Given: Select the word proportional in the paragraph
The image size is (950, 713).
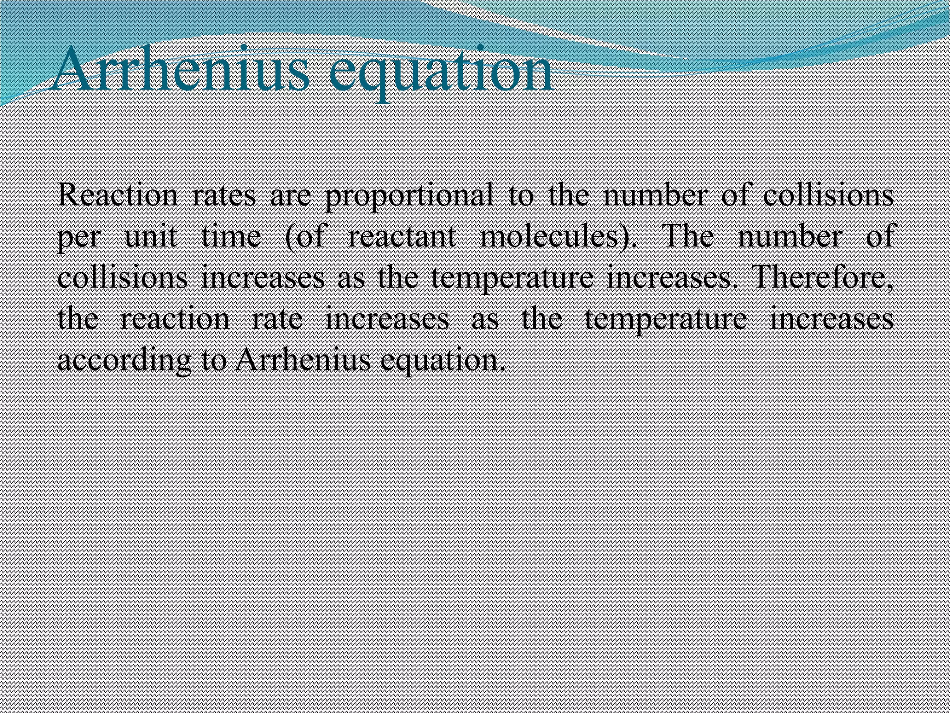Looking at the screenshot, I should [x=409, y=195].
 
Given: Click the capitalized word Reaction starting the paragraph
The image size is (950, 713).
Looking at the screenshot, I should [x=117, y=195].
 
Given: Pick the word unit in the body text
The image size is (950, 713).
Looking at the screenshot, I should [x=151, y=236].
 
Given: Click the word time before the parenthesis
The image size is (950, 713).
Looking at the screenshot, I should [x=231, y=236].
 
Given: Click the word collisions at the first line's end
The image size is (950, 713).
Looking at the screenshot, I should [x=828, y=195].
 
